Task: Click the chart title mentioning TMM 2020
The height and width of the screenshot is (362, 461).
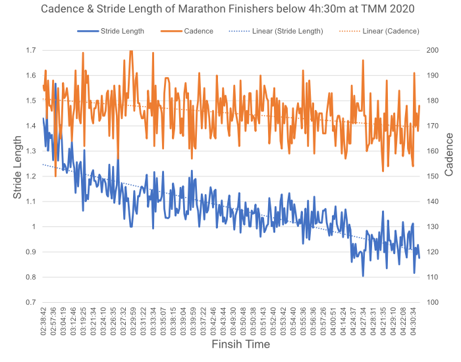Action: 230,9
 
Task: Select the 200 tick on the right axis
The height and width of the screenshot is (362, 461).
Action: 433,51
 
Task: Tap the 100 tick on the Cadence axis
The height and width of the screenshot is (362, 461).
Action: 433,303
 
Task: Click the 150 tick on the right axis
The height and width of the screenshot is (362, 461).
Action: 433,176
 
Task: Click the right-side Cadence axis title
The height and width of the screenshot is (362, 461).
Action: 449,154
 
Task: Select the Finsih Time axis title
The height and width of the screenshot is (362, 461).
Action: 240,344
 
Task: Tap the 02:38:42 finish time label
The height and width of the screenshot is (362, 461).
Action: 43,321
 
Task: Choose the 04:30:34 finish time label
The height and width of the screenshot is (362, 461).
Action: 414,321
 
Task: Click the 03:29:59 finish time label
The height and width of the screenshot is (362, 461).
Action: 133,321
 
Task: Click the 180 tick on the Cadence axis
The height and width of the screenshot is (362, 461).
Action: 433,101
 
